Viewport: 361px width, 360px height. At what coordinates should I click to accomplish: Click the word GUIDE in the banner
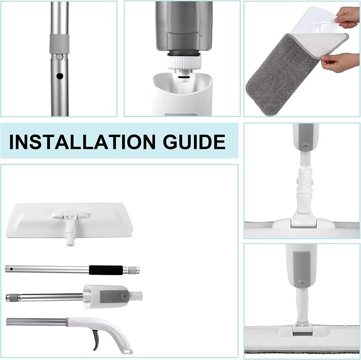tap(194, 142)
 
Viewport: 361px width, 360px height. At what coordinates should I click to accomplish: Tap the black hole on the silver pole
tap(60, 76)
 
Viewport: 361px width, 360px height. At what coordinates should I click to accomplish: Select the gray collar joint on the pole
tap(59, 44)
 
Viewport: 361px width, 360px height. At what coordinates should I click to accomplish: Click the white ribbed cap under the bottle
tap(184, 63)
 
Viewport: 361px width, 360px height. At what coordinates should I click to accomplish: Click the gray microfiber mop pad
tap(283, 75)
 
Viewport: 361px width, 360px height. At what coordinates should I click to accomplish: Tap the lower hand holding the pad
tap(340, 62)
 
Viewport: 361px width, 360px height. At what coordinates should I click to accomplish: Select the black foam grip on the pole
tap(106, 270)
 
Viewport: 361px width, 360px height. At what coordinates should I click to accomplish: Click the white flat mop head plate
tap(69, 220)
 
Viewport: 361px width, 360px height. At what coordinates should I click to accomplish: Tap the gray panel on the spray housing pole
tap(115, 296)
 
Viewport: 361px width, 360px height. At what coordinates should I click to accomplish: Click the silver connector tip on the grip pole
tap(131, 270)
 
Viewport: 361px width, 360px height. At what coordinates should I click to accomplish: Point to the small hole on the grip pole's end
tap(11, 269)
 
